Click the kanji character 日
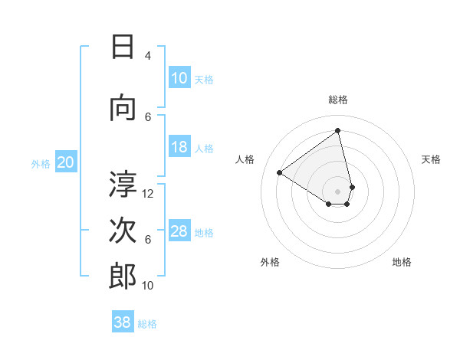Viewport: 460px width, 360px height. click(123, 47)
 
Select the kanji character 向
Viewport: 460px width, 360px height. click(123, 108)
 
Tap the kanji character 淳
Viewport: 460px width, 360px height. click(123, 184)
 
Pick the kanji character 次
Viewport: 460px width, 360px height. click(123, 231)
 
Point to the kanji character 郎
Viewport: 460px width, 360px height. click(123, 277)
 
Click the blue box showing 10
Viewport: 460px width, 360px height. click(179, 78)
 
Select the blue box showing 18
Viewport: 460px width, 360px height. click(179, 147)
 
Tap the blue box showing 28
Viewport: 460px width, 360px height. click(179, 231)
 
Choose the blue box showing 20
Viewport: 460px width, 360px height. click(66, 162)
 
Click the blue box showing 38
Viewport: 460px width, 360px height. click(123, 322)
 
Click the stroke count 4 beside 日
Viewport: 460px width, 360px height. click(148, 56)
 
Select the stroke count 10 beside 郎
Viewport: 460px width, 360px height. click(148, 286)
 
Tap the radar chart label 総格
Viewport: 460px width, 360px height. click(337, 100)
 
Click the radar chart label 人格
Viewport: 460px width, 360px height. click(245, 159)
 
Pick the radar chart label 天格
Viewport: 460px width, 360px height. click(432, 159)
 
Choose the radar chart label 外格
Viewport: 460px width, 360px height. click(270, 262)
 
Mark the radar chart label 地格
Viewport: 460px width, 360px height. click(402, 262)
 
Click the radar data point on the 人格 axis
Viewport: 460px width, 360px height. click(280, 173)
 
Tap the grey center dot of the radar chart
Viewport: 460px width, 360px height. click(337, 191)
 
